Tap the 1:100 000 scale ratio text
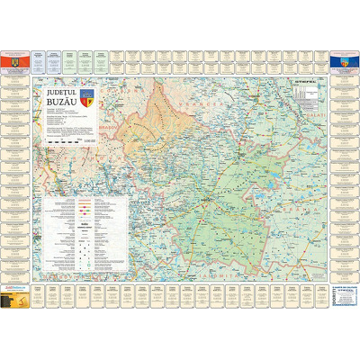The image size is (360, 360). tap(88, 142)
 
